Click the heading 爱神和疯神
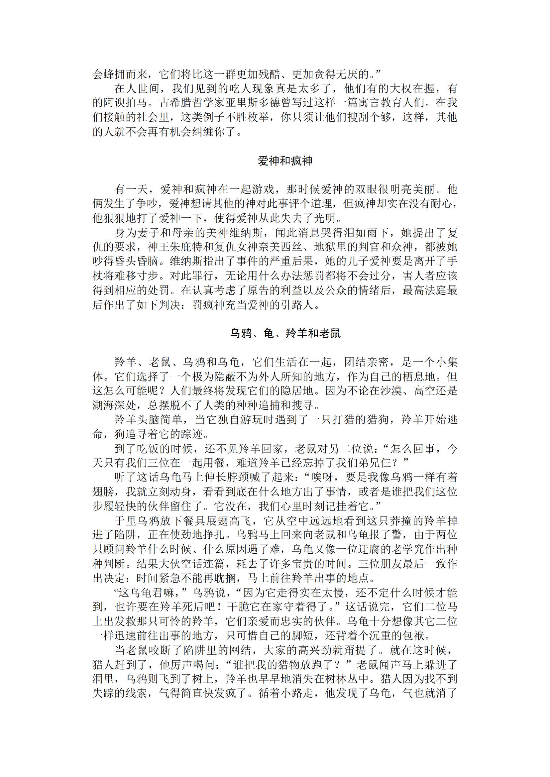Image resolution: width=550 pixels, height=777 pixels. (285, 161)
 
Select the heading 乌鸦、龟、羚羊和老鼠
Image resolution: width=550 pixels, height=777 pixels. (285, 334)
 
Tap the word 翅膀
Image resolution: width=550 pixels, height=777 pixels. (104, 492)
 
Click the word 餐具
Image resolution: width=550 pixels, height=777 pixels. (194, 520)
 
